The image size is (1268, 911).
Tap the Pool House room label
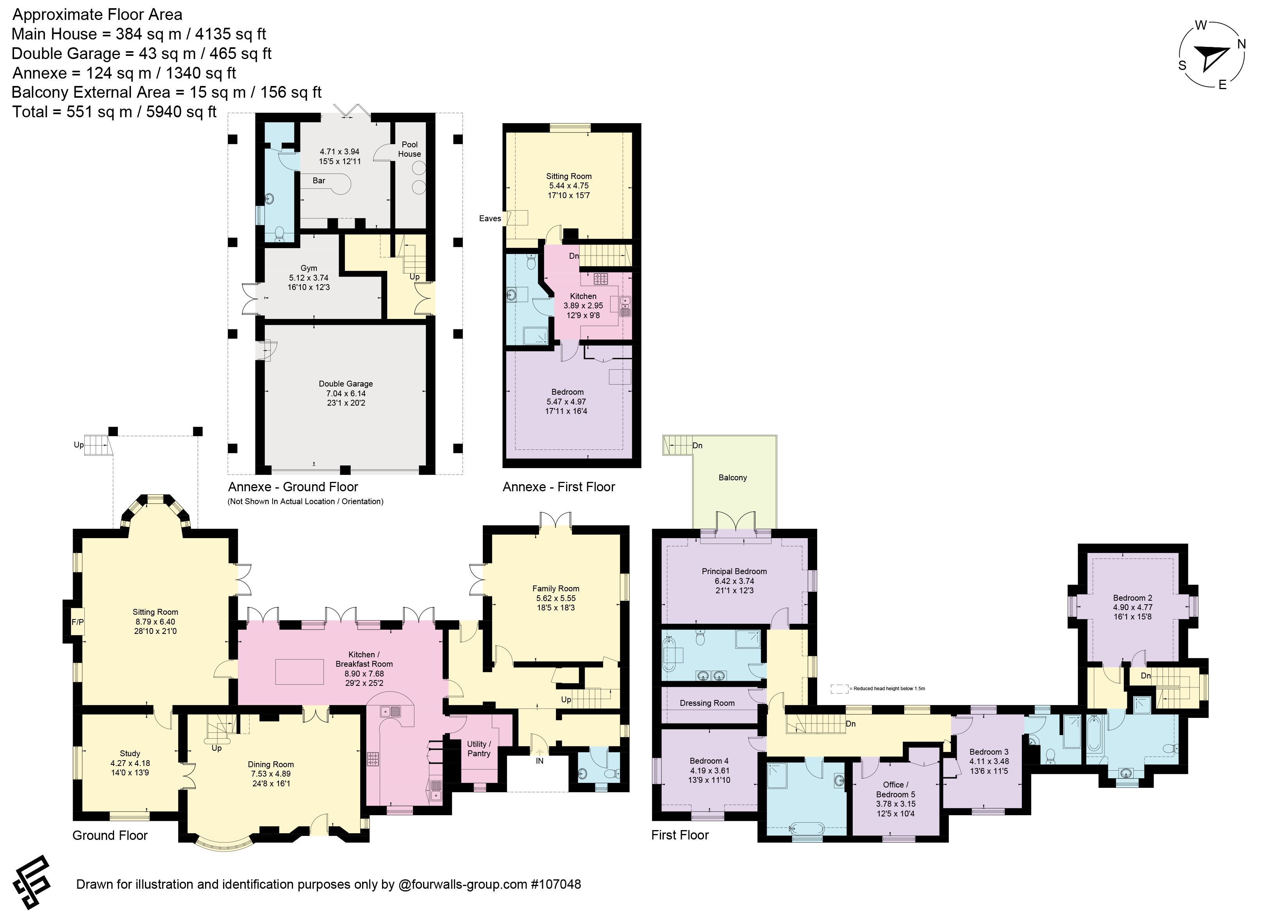coord(410,149)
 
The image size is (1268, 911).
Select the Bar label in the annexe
coord(319,181)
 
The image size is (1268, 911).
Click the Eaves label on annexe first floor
coord(490,218)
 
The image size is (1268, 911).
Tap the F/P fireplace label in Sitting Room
coord(77,622)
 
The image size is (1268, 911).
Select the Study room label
coord(130,753)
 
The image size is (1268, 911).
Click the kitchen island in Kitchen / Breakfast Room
coord(300,672)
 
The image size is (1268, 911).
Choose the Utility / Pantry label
coord(479,749)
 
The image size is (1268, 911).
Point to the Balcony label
coord(732,478)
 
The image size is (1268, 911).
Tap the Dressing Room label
coord(707,703)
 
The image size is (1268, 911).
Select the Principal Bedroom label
coord(734,571)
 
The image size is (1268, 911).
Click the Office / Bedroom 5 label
coord(896,789)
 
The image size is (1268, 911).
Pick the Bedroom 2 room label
coord(1132,598)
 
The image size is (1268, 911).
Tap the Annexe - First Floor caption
coord(559,487)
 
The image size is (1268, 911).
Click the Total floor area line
coord(114,112)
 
